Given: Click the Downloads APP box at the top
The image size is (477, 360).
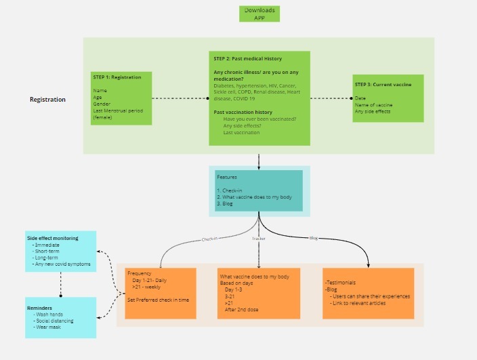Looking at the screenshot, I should point(259,14).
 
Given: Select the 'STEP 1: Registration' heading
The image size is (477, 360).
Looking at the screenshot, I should point(117,77).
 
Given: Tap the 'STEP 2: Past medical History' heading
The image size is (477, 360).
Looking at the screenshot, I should point(247,59).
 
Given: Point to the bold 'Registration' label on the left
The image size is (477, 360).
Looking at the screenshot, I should point(47,100).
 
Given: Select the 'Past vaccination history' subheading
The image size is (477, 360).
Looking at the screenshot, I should point(243,112).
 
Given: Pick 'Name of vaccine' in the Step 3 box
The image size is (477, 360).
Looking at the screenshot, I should point(373,104).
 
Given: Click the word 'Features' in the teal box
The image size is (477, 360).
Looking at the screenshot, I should point(227,177).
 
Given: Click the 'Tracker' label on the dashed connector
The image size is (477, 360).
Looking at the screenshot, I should point(258,239).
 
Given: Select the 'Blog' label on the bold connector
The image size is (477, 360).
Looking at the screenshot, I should point(313,238).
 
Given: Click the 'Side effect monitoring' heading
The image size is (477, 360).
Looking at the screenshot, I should point(52,238).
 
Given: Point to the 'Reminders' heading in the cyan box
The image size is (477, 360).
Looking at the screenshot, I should point(40,308).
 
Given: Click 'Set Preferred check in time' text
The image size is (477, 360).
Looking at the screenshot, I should point(158,299).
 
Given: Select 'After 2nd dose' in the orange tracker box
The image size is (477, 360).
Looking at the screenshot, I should point(241,309).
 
